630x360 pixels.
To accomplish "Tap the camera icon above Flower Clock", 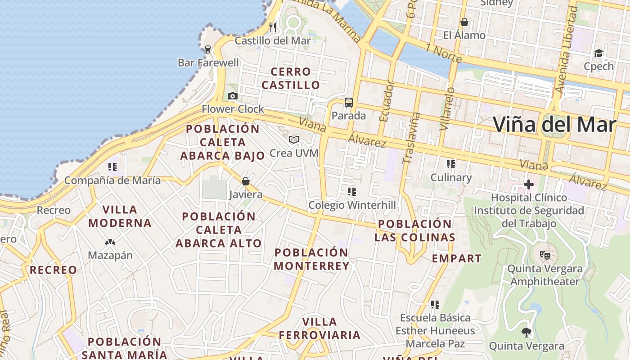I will [x=233, y=96].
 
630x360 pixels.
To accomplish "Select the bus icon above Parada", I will [x=349, y=103].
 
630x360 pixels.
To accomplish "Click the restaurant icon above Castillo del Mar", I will [x=273, y=27].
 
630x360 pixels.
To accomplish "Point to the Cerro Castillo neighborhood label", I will [x=291, y=78].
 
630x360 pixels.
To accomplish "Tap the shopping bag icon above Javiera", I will [x=246, y=181].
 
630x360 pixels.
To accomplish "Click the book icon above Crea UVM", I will [x=294, y=140].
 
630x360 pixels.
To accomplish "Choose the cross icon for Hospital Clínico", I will [x=529, y=184].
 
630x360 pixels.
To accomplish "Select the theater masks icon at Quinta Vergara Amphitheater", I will [x=545, y=255].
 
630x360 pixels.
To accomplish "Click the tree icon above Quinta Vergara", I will [x=526, y=333].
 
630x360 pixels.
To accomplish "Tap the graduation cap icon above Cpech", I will [x=598, y=54].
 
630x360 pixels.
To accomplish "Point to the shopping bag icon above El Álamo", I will [x=464, y=22].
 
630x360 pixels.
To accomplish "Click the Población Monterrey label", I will [x=311, y=259].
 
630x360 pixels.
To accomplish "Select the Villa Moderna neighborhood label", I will [x=120, y=216].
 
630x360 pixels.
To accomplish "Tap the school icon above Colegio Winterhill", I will [x=352, y=192].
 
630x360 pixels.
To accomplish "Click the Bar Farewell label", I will [x=208, y=63].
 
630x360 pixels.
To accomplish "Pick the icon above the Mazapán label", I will [x=110, y=242].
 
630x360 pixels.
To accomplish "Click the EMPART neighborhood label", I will [x=457, y=258].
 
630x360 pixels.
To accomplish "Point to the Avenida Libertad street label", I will [x=566, y=49].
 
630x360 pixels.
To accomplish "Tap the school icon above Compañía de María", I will [x=112, y=167].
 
